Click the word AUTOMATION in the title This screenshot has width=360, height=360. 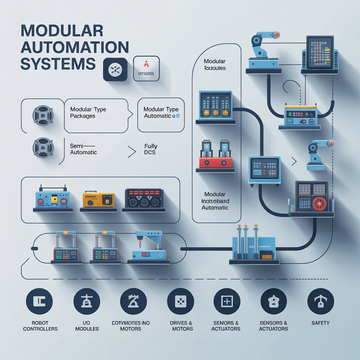[x=75, y=47]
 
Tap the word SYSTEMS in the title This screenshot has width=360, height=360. [x=58, y=64]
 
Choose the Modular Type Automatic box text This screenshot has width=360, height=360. [x=161, y=113]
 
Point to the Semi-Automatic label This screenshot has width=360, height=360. [x=83, y=149]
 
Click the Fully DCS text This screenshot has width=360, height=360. [x=151, y=149]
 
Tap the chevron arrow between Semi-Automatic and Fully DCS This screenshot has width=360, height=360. [x=132, y=152]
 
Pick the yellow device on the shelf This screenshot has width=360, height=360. [x=98, y=200]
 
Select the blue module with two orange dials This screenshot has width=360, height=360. [x=215, y=104]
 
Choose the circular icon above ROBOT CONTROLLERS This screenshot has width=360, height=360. [x=39, y=302]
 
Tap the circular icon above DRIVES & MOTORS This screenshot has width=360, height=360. [x=180, y=302]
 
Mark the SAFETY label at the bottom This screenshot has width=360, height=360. [x=320, y=322]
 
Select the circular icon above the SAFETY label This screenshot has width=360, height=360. [x=320, y=302]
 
